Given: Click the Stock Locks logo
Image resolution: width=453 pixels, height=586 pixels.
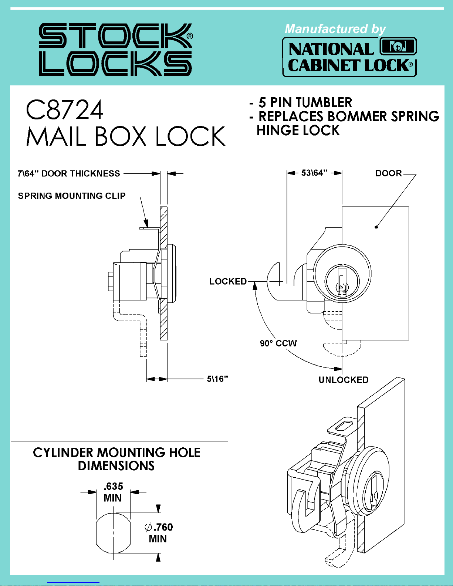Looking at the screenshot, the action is point(115,49).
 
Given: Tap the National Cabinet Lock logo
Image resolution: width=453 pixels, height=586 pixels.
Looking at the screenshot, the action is point(349,57).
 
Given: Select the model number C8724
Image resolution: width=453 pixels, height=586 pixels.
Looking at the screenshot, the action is point(64,110).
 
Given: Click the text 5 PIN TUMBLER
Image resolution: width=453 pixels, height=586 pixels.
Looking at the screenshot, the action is point(305,102).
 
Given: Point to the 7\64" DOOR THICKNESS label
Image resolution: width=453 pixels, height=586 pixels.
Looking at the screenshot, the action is point(69,173).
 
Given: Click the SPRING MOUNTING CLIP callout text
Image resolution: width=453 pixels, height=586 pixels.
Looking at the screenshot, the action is point(72,196).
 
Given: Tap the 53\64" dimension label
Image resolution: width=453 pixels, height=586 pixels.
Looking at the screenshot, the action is point(314,173).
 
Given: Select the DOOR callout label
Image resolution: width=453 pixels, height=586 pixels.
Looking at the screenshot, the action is point(389,173).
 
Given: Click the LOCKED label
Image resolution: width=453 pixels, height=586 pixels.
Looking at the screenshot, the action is point(228,282).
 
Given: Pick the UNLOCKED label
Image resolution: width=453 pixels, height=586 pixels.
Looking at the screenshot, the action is point(344,380).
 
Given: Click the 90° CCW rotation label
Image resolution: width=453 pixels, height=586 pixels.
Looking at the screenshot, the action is point(278,343).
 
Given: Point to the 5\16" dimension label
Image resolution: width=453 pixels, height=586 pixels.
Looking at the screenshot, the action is point(217,379).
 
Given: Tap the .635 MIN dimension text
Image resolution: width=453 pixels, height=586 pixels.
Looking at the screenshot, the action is point(113,492).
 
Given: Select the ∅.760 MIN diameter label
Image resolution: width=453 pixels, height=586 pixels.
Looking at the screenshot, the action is point(159,533).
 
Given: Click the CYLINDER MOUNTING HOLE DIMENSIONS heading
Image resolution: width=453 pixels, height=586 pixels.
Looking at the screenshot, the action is point(116,459).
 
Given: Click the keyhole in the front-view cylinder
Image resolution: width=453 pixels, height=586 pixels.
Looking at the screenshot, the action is point(342,286).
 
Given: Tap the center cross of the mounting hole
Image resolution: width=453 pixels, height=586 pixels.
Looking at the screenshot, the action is point(113,533).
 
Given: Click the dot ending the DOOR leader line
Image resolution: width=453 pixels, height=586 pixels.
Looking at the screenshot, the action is point(376,227).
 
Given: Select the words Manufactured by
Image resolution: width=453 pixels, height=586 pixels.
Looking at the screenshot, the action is point(335,29).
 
